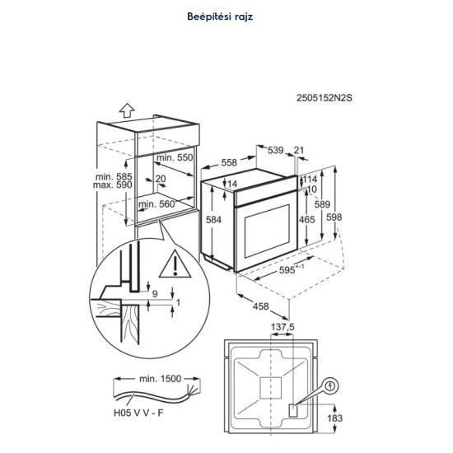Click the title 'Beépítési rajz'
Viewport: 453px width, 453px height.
(x=220, y=16)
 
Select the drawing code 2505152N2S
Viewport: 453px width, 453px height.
(x=325, y=98)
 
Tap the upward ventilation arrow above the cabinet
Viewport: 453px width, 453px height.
(x=127, y=110)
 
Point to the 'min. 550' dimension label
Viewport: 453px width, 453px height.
(x=175, y=158)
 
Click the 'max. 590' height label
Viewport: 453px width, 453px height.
(x=112, y=184)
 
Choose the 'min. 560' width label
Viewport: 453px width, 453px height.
(x=156, y=204)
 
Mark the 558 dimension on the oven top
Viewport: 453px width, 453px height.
(x=229, y=162)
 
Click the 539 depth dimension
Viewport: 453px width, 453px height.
(x=276, y=150)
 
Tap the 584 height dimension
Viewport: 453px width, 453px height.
(x=213, y=220)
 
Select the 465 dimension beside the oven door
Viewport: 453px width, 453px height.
(x=307, y=220)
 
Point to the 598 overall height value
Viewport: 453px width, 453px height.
(x=334, y=217)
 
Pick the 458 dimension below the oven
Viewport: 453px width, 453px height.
(x=260, y=306)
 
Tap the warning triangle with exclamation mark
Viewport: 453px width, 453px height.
(x=175, y=264)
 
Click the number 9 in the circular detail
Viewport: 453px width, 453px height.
(x=155, y=294)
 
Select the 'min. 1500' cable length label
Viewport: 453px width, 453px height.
(x=161, y=379)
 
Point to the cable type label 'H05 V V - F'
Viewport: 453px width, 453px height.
(x=138, y=413)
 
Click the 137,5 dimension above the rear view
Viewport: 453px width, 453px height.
(x=283, y=327)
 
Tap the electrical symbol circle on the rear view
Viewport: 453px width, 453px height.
(x=330, y=385)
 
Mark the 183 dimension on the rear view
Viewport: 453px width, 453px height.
(x=335, y=418)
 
